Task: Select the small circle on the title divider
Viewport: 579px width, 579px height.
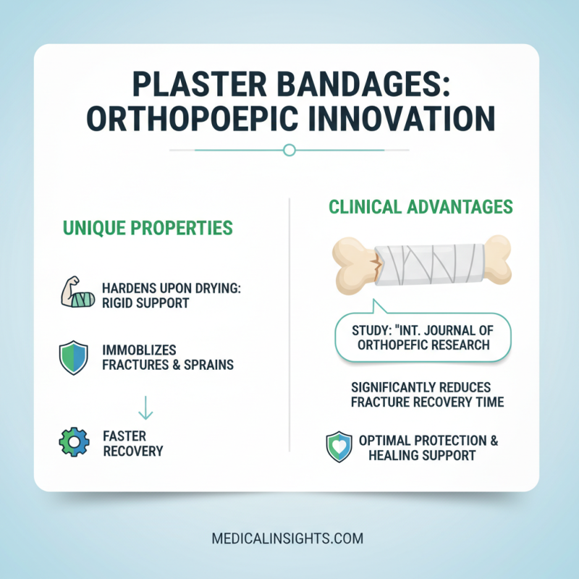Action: (289, 150)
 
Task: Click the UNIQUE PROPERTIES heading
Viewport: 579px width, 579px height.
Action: (148, 228)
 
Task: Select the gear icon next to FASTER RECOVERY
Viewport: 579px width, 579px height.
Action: (75, 443)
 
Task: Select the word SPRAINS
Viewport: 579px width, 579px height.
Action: (208, 365)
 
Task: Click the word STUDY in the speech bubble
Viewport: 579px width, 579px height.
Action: (370, 331)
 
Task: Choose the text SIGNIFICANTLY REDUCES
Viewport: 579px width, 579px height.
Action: (420, 387)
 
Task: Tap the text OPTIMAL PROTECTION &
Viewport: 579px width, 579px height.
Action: (428, 441)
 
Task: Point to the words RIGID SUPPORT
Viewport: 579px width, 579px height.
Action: (145, 303)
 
